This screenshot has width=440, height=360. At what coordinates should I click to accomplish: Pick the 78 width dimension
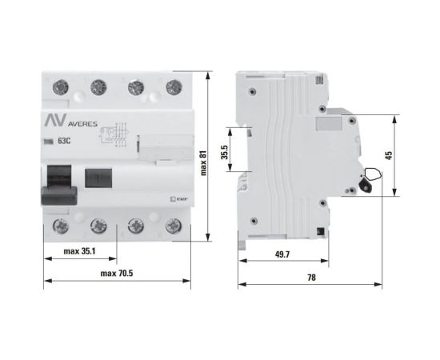click(x=311, y=277)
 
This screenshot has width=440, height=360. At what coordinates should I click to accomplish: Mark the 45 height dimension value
click(x=388, y=157)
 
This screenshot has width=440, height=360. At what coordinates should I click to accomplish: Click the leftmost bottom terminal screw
click(x=59, y=226)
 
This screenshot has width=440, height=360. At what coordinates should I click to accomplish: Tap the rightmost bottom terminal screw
click(x=170, y=226)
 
